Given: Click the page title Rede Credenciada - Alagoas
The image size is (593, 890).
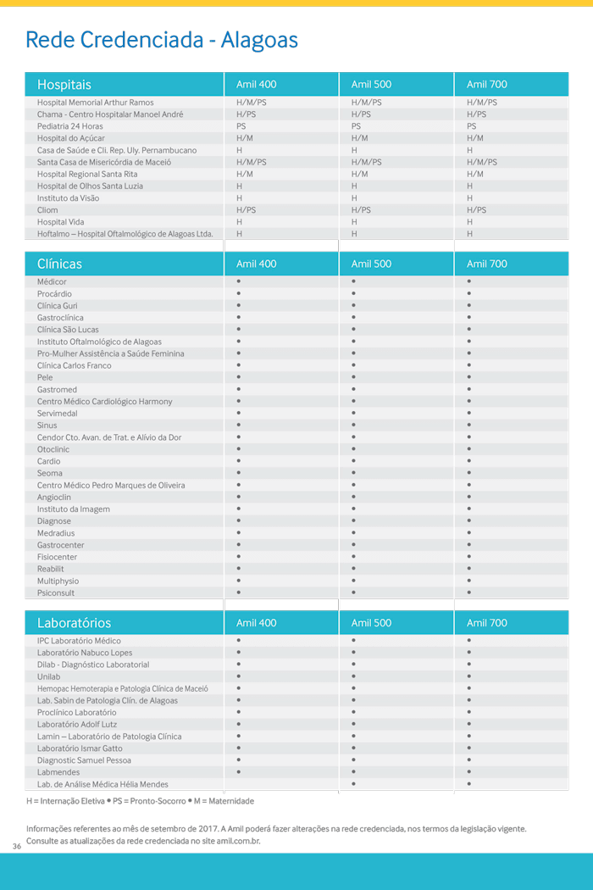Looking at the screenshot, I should [161, 40].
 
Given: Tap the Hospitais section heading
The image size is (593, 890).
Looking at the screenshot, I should [64, 85].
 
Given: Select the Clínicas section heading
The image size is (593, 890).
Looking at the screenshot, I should [59, 264].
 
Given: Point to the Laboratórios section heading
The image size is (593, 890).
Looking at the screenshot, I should [74, 623].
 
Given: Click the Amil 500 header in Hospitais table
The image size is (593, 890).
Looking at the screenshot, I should [371, 85].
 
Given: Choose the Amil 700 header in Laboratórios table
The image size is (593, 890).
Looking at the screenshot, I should [486, 623].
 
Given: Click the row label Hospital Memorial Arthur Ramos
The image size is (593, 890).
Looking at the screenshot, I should [95, 103].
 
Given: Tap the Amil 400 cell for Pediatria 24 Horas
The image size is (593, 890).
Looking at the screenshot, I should [241, 126].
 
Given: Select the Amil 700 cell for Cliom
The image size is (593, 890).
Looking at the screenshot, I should [476, 210].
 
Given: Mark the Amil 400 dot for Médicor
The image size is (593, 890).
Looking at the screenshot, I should [239, 281].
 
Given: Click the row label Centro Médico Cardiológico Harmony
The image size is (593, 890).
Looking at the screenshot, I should [104, 402].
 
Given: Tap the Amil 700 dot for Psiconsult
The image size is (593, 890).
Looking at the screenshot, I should [468, 592].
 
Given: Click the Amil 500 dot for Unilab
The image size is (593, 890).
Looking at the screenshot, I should [353, 676].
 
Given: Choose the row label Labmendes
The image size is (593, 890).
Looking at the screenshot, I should [58, 772].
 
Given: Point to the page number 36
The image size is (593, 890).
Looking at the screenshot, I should [16, 847].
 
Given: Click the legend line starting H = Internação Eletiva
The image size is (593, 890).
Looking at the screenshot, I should [140, 801].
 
